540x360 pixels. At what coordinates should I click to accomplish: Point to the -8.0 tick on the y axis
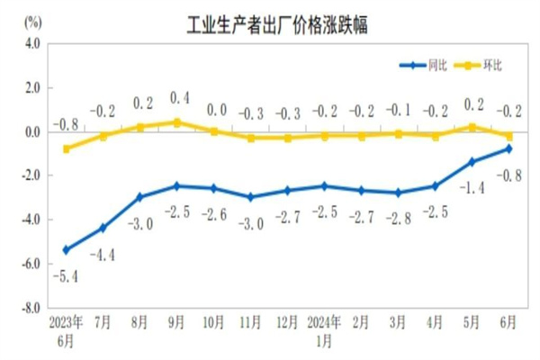pos(31,306)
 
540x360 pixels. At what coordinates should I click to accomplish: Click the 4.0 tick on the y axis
pos(32,43)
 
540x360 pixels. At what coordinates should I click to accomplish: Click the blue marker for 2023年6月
pos(66,249)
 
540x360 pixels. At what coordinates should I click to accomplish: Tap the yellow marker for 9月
pos(176,122)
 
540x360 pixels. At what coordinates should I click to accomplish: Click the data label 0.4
pos(178,98)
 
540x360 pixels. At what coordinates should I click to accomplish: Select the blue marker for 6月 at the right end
pos(508,148)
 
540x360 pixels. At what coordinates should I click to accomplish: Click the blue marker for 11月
pos(250,197)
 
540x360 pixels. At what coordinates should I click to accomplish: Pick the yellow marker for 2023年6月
pos(66,148)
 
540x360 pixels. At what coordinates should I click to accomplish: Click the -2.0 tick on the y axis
pos(31,175)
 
